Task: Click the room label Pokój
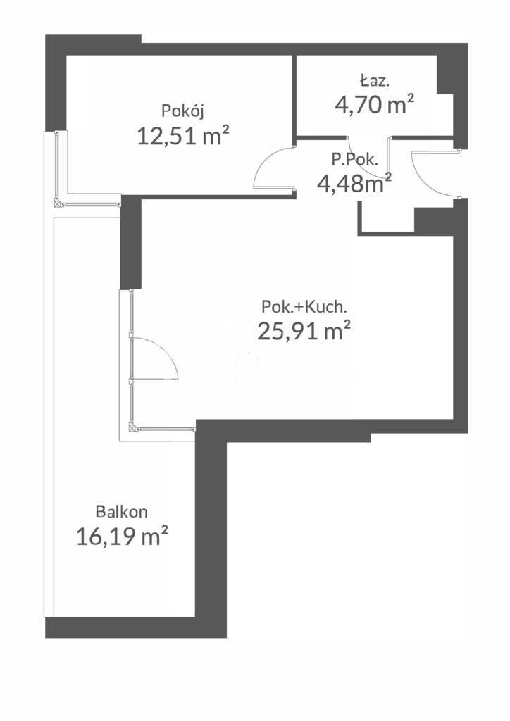pyautogui.click(x=182, y=111)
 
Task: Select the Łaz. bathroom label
pyautogui.click(x=373, y=80)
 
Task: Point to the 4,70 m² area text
pyautogui.click(x=373, y=105)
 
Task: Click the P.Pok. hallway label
pyautogui.click(x=355, y=160)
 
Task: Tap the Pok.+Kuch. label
pyautogui.click(x=304, y=307)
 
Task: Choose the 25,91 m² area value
pyautogui.click(x=304, y=330)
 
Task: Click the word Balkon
pyautogui.click(x=122, y=512)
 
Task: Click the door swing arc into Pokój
pyautogui.click(x=271, y=168)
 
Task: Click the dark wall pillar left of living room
pyautogui.click(x=131, y=243)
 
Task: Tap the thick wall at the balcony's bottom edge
pyautogui.click(x=134, y=627)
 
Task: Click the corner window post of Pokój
pyautogui.click(x=58, y=203)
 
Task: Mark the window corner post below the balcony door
pyautogui.click(x=132, y=426)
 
